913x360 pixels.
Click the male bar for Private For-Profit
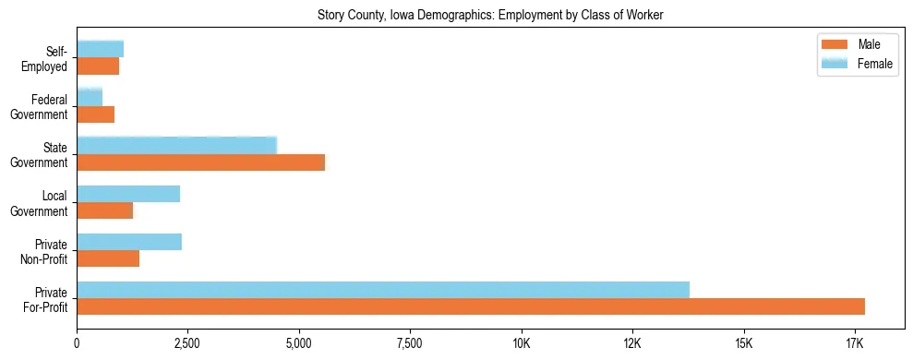471,306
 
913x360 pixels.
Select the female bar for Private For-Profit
383,290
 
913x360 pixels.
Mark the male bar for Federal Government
95,114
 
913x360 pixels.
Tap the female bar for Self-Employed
100,49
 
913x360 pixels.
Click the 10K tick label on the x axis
521,344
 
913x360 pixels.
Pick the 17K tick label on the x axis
854,344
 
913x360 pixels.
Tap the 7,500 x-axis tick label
410,344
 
